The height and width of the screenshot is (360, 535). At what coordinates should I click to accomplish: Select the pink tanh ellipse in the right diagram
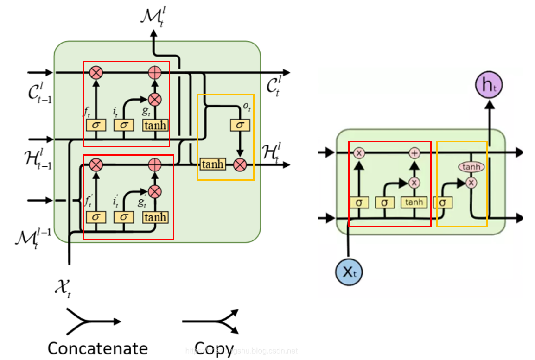point(471,167)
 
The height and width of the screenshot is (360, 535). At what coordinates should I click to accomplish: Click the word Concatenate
point(98,348)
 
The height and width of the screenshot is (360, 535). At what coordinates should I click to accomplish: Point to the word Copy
point(213,347)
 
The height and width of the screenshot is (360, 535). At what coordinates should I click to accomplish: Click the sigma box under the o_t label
point(240,125)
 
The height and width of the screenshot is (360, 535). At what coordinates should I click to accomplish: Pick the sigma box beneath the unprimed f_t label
point(96,125)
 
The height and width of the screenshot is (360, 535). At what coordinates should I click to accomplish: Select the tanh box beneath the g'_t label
point(155,217)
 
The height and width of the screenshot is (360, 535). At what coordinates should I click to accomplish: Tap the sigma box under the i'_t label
point(123,217)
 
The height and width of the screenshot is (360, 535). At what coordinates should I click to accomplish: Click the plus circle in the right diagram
point(414,153)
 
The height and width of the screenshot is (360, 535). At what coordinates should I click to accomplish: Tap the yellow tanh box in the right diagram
point(414,202)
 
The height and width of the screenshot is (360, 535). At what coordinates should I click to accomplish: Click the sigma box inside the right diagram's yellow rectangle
point(443,202)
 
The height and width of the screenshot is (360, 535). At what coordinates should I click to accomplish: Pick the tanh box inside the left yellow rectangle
point(212,164)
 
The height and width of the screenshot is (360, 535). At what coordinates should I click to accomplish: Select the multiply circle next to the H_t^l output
point(240,164)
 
